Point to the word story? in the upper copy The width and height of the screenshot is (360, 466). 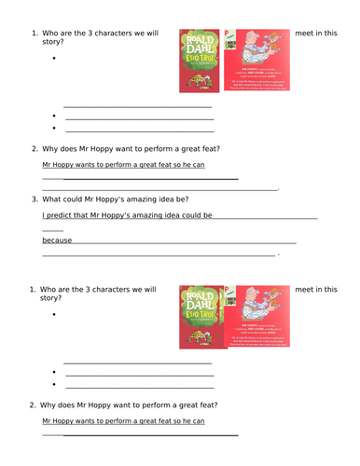coord(49,47)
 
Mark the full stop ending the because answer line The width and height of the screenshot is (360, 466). coord(278,254)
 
